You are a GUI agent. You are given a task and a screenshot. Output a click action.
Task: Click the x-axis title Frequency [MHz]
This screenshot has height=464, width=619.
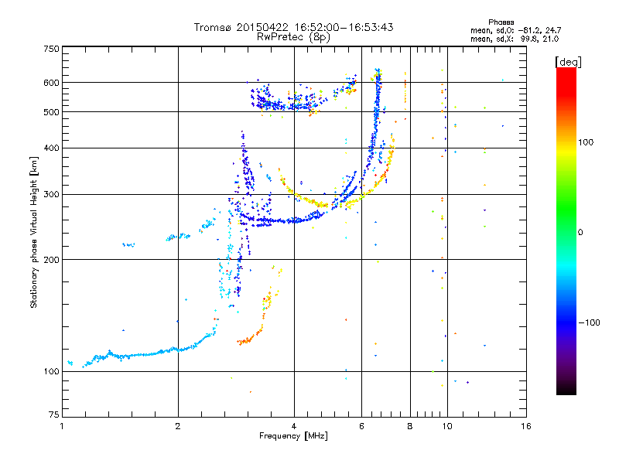pyautogui.click(x=293, y=437)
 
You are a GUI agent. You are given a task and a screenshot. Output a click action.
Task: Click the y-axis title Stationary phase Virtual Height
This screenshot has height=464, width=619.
pyautogui.click(x=34, y=232)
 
